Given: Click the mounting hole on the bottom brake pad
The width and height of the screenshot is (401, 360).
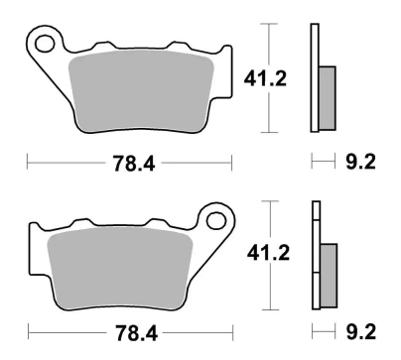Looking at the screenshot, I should click(x=212, y=217).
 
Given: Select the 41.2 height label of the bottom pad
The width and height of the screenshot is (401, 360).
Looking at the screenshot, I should click(x=265, y=255).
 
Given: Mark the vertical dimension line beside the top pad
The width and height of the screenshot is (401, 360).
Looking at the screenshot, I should click(x=266, y=40).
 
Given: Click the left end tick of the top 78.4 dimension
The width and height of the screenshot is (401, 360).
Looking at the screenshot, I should click(x=27, y=159).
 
